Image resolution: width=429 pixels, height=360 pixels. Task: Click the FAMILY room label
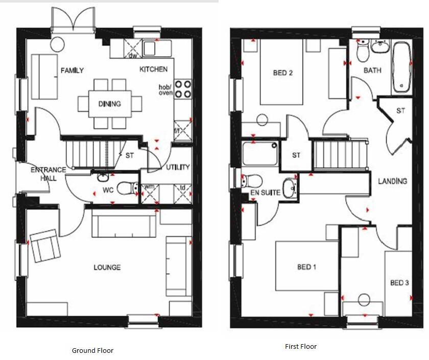tap(72, 70)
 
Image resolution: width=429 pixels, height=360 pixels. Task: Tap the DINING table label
tap(110, 104)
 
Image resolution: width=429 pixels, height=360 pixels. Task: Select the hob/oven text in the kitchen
tap(166, 89)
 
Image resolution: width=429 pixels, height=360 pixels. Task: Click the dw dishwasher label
tap(133, 55)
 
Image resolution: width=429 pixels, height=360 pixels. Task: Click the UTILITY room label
tap(178, 167)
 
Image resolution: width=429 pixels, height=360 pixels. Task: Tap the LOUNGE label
tap(107, 267)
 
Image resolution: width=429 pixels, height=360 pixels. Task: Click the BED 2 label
tap(283, 73)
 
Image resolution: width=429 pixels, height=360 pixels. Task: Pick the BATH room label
tap(372, 70)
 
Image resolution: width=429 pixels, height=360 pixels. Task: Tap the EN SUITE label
tap(262, 193)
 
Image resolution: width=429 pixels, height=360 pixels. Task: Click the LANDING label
tap(392, 181)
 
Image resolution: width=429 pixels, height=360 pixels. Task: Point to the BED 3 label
tap(399, 282)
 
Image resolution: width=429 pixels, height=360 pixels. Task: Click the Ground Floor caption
tap(92, 350)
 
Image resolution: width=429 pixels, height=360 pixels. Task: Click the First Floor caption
tap(300, 346)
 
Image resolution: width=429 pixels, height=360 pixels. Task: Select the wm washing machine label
tap(149, 187)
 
